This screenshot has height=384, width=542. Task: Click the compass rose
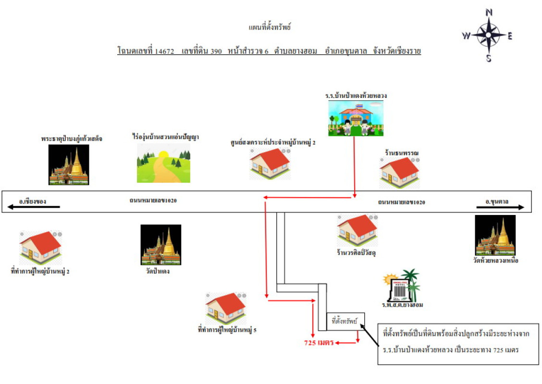point(488,35)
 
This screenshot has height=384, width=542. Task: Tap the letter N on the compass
point(489,12)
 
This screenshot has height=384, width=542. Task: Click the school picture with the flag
point(356,118)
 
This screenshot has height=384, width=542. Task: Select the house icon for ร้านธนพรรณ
point(400,172)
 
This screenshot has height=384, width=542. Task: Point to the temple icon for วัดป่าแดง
point(161,244)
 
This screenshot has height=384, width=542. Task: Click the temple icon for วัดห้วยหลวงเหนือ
point(495,235)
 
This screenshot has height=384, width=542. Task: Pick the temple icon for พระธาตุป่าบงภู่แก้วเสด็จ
point(69,164)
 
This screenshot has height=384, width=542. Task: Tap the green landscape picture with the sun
point(163,163)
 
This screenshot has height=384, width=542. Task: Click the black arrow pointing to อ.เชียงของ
point(34,207)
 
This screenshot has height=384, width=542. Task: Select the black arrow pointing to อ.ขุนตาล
point(500,207)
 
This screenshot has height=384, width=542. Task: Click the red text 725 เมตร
point(319,343)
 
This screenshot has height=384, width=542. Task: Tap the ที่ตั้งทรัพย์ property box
point(345,321)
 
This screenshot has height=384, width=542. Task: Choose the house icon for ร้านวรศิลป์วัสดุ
point(357,230)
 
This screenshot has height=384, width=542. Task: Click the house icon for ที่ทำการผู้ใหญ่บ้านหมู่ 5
point(226,308)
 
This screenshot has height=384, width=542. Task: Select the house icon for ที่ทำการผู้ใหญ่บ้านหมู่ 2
point(41,248)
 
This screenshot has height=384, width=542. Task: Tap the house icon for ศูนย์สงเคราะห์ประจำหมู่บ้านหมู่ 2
point(270,164)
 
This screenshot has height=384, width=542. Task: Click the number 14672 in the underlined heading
point(164,51)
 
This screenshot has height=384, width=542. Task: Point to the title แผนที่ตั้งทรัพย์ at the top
point(270,27)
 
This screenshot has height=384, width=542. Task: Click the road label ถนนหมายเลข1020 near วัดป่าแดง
point(153,200)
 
